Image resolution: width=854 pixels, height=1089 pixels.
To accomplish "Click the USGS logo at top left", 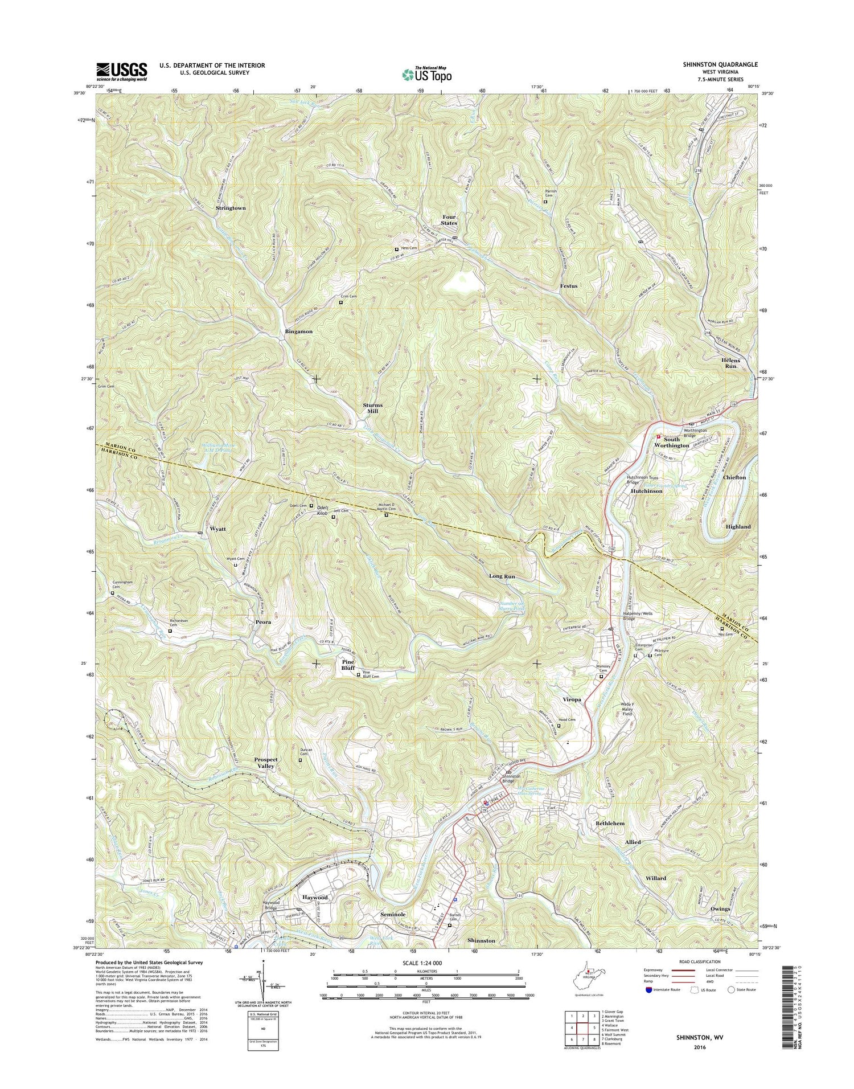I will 122,72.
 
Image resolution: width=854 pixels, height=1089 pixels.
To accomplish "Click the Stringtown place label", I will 231,208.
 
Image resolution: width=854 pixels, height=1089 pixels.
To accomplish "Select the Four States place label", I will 450,220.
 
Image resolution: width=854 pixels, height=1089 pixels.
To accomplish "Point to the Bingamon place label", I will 299,331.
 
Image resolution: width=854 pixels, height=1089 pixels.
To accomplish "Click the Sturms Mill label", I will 373,408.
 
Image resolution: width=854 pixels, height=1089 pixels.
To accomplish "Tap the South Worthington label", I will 672,443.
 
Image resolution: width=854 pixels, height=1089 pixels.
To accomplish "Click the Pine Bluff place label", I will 348,665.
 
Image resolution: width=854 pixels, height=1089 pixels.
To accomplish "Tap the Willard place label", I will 656,878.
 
